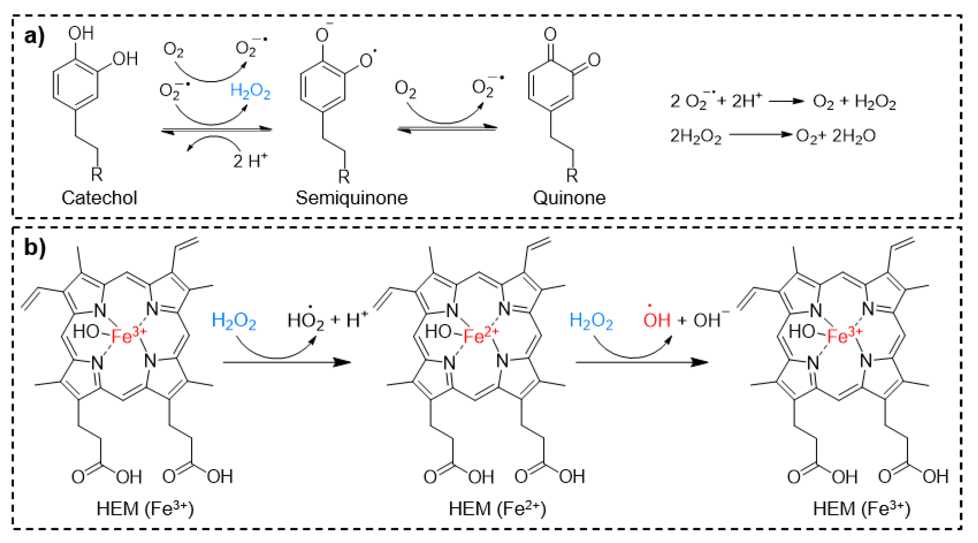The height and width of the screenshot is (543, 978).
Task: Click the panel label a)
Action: [34, 37]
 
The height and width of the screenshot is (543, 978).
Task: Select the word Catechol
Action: [99, 198]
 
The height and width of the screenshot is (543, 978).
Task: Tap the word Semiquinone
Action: [352, 198]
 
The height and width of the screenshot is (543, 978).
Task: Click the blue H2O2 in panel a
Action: [251, 91]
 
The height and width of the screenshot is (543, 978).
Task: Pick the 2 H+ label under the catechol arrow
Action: [250, 161]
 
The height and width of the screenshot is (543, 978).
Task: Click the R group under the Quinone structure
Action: [572, 175]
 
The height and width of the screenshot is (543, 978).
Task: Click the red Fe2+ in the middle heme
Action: [480, 335]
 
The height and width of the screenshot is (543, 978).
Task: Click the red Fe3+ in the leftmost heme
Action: [128, 335]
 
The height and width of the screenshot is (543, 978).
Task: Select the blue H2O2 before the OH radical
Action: [591, 321]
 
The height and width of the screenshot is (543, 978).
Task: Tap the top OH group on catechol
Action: [81, 34]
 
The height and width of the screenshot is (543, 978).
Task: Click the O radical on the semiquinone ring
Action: [367, 60]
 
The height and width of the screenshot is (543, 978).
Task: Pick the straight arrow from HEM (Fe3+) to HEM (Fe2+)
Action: [287, 362]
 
